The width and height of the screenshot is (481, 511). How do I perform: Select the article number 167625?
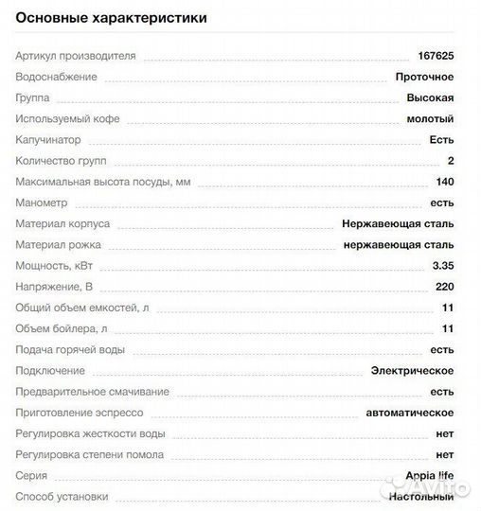(x=436, y=56)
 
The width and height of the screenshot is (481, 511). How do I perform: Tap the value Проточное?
(x=424, y=77)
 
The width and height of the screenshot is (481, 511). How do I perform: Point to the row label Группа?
(x=34, y=97)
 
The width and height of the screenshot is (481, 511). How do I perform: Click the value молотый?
(x=430, y=118)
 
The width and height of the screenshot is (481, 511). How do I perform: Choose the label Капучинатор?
(x=47, y=139)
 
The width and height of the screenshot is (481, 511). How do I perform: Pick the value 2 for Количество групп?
(x=451, y=160)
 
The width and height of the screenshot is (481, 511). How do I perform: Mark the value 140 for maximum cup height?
(x=445, y=182)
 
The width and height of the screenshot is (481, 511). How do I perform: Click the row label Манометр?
(x=43, y=203)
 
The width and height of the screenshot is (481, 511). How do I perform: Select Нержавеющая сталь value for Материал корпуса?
(x=398, y=223)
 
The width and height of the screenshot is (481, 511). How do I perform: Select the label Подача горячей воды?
(x=71, y=349)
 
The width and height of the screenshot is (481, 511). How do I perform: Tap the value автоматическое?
(x=410, y=413)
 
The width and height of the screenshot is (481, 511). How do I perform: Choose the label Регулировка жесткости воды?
(x=90, y=433)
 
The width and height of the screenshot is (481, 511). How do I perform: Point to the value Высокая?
(x=430, y=97)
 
